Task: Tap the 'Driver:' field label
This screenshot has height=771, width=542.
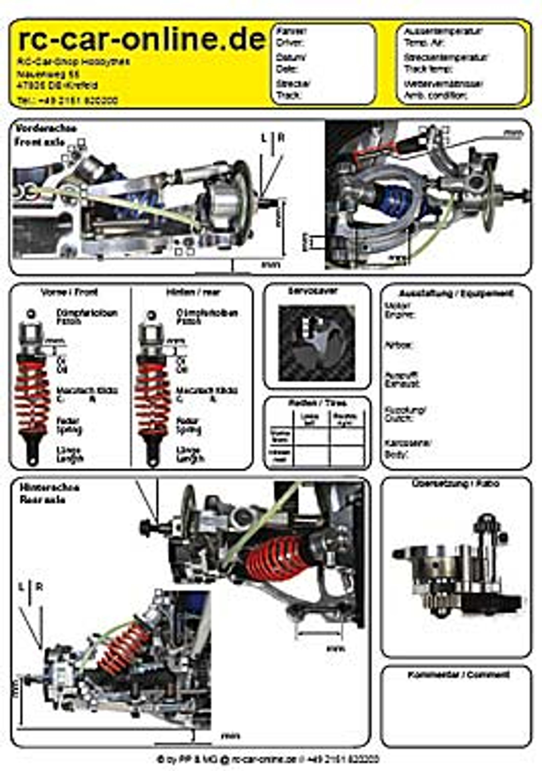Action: click(290, 43)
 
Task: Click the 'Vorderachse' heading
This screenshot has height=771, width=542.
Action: click(46, 128)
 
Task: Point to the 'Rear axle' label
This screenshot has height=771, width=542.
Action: click(42, 500)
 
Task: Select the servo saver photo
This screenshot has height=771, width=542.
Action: click(316, 343)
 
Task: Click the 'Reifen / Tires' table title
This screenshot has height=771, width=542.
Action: click(318, 403)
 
